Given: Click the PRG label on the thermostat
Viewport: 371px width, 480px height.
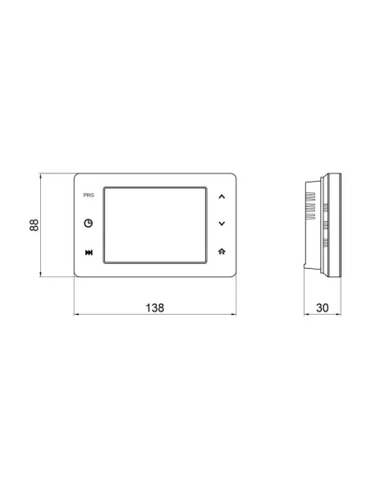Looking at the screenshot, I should tap(88, 197).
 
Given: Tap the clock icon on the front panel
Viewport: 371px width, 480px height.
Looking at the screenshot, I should tap(88, 224).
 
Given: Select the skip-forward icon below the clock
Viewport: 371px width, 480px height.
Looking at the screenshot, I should tap(88, 252).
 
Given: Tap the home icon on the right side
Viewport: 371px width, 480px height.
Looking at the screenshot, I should tap(221, 252).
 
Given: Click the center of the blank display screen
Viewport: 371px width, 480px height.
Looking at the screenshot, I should tap(153, 224).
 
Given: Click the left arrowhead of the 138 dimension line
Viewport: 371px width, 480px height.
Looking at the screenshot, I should tap(76, 315).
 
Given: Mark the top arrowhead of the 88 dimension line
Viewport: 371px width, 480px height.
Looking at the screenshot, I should tap(43, 174).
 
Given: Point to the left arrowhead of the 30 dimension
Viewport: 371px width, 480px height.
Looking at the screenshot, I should tap(305, 315).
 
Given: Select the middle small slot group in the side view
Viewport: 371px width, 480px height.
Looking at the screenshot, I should tap(324, 224).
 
